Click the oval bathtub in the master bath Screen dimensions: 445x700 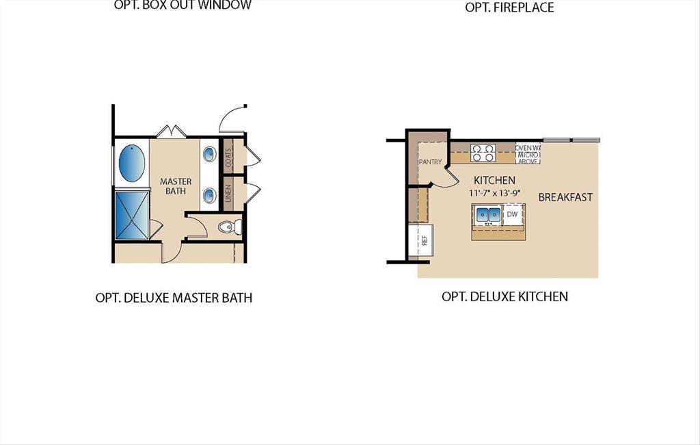133,162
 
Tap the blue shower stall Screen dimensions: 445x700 131,215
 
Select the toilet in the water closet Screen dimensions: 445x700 227,226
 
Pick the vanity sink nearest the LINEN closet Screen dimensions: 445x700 209,196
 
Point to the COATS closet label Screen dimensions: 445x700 228,156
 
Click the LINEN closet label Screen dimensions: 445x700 228,193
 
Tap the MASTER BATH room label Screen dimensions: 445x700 176,186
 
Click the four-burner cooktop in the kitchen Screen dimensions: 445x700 483,153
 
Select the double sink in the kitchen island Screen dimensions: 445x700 488,216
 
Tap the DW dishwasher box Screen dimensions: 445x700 513,215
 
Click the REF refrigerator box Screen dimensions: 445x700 424,240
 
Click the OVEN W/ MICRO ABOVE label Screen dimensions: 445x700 528,155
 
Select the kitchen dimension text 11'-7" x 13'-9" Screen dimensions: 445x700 494,193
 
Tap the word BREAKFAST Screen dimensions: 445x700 565,197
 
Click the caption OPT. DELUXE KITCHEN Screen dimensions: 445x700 504,296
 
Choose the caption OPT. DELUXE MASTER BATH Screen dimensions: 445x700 174,298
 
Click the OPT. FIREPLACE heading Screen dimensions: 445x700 509,8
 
